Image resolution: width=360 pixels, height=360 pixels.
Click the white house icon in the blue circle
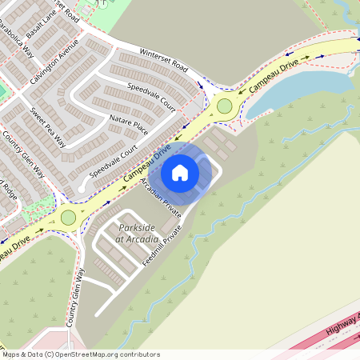coord(180,172)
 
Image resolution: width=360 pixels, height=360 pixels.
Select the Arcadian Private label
coord(157,195)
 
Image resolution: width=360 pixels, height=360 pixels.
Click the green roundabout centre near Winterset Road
coord(224,106)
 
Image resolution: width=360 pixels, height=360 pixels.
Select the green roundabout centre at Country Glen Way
coord(68,217)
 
